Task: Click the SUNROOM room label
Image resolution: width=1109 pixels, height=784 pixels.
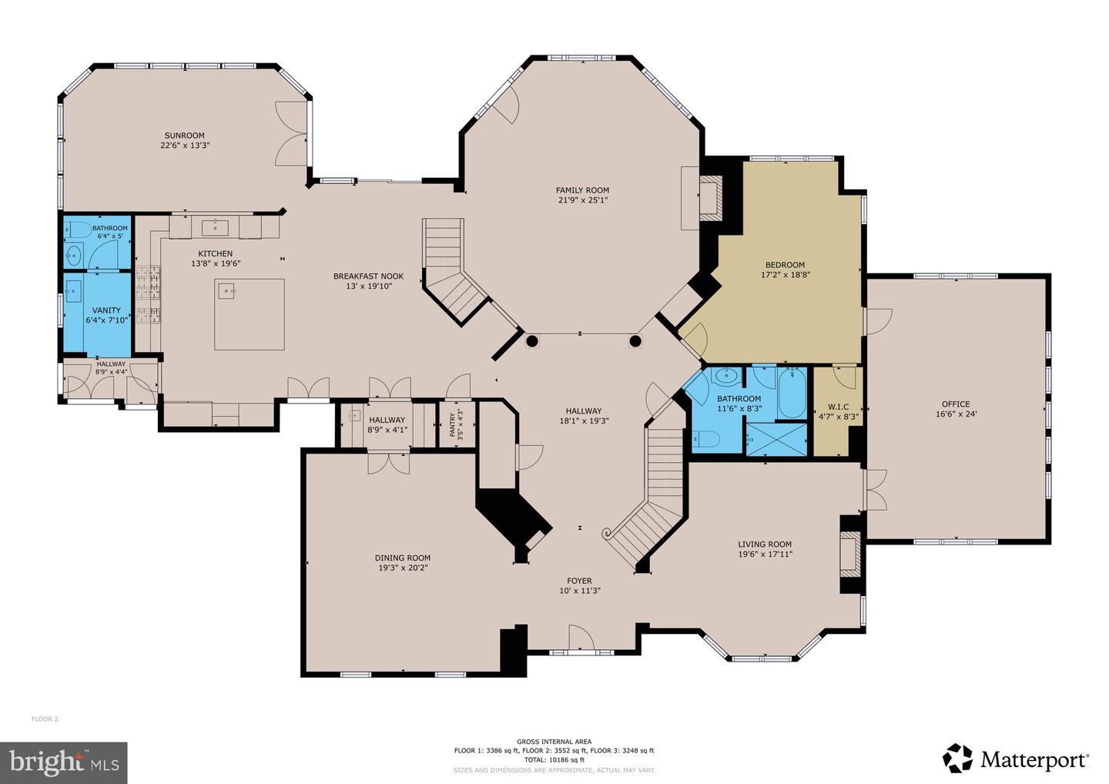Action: [183, 136]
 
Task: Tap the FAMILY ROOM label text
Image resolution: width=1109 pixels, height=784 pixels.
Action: [582, 190]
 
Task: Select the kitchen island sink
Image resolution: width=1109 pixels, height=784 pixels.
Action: [226, 290]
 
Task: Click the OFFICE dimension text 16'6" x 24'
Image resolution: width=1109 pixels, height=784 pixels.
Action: [955, 414]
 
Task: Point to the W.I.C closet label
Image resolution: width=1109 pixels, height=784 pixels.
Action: [838, 407]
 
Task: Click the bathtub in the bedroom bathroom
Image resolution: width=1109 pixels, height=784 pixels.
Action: [792, 393]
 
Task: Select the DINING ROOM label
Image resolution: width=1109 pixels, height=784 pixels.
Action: [402, 558]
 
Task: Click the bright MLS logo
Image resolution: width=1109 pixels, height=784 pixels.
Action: [64, 762]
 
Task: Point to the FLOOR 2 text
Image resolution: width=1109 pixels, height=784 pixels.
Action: [45, 719]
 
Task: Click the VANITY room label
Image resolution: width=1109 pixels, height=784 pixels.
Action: [106, 310]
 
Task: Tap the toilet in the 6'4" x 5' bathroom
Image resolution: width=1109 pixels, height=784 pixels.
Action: [77, 230]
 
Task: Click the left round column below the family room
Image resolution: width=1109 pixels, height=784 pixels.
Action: [531, 340]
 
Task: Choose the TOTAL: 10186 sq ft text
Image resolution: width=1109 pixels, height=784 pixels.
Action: [554, 759]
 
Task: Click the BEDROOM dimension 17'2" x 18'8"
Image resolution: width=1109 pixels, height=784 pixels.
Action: [785, 274]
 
